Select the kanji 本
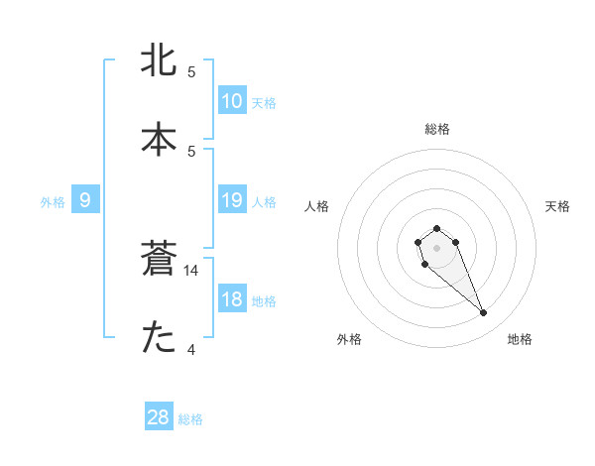[x=160, y=139]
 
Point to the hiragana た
[x=160, y=338]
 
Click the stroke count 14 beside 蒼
[x=191, y=270]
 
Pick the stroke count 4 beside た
[x=191, y=348]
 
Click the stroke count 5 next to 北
[x=191, y=72]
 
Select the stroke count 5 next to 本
[x=191, y=151]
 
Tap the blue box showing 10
[x=231, y=100]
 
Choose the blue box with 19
[x=231, y=199]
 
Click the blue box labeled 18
[x=231, y=298]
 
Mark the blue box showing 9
[x=85, y=199]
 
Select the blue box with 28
[x=159, y=417]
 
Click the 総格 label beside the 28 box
[x=190, y=419]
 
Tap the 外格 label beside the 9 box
[x=53, y=202]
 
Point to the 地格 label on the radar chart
[x=520, y=339]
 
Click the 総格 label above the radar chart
[x=436, y=129]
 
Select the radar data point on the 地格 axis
[x=484, y=313]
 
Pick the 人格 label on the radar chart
[x=317, y=206]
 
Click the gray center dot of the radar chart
[x=436, y=247]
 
